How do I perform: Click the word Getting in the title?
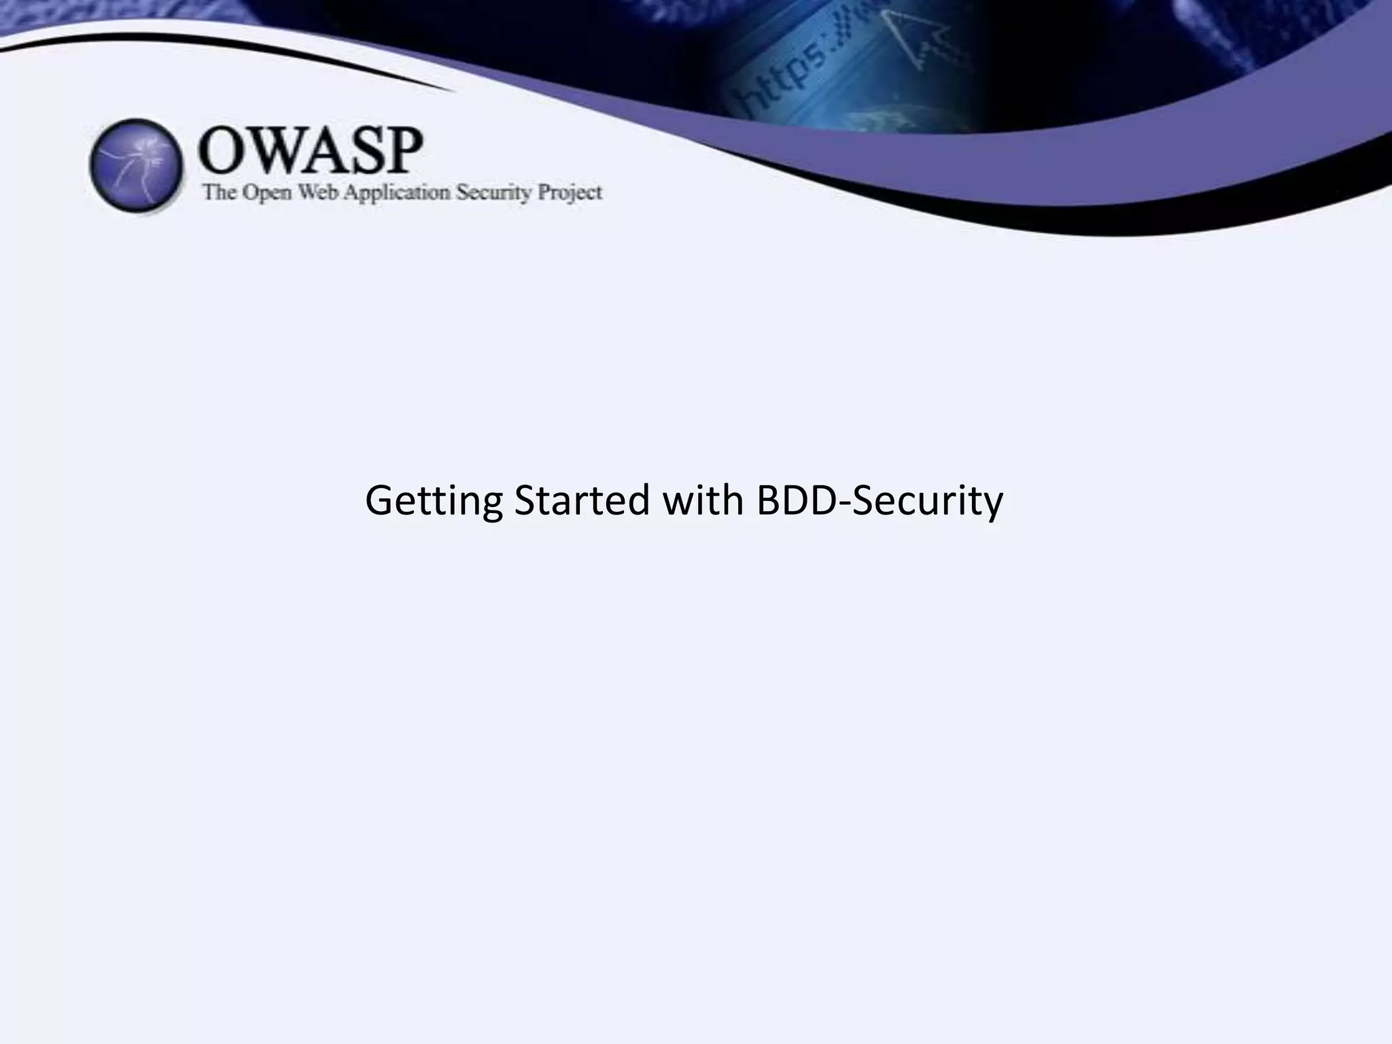coord(434,501)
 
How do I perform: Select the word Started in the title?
coord(582,501)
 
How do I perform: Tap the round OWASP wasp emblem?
coord(137,165)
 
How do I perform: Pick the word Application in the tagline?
coord(397,193)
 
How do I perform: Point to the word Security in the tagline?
coord(493,193)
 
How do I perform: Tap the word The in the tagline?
coord(219,193)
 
